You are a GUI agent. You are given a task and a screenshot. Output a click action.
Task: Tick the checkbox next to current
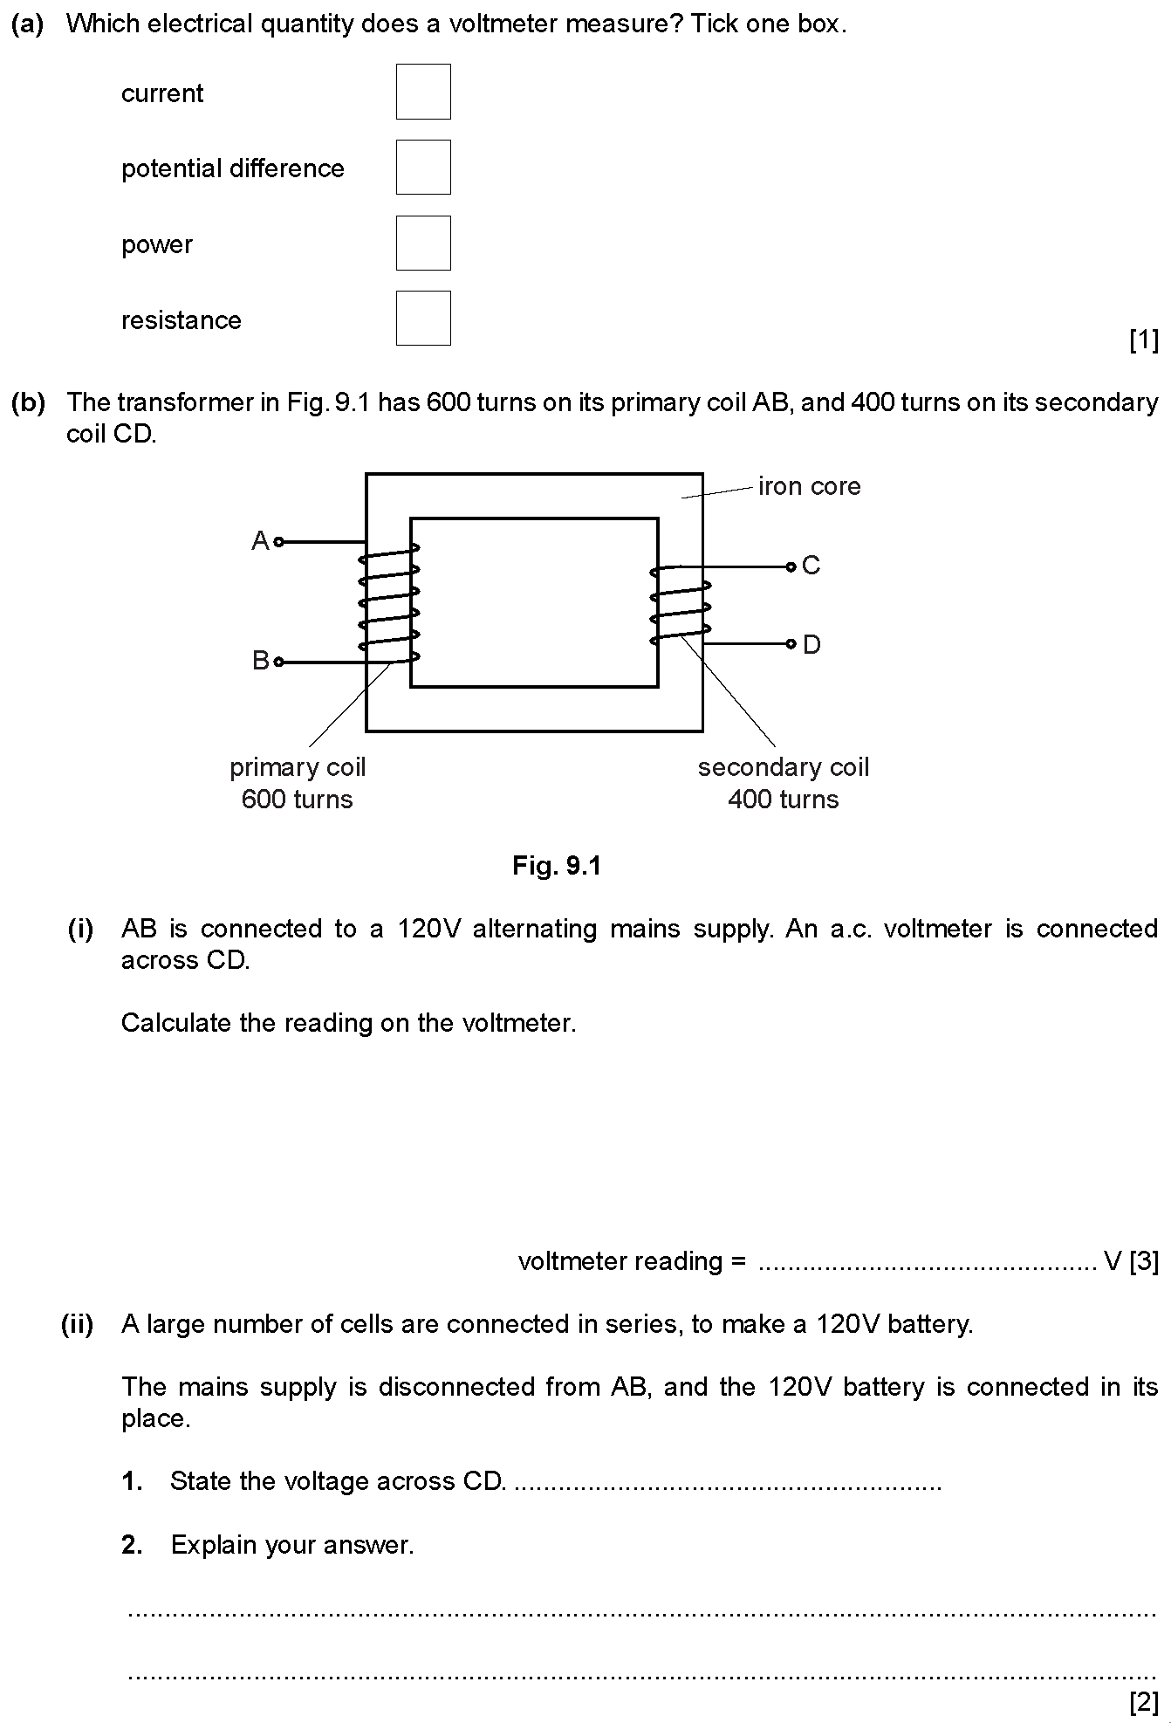tap(423, 92)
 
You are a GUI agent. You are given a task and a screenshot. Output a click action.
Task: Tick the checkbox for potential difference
tap(423, 167)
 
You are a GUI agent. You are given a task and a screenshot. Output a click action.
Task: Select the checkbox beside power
tap(423, 243)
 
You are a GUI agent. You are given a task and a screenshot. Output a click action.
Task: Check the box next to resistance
tap(423, 318)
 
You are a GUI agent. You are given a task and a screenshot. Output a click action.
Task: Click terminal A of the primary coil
tap(278, 542)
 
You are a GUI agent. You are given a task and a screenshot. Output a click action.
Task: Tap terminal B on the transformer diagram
tap(278, 662)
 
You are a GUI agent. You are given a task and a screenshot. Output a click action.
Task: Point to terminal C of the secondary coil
tap(791, 566)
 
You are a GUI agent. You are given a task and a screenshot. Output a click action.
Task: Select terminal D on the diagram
tap(791, 644)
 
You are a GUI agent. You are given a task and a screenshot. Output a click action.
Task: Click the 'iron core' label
tap(809, 486)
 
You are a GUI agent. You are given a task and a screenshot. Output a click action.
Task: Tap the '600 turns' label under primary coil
tap(297, 800)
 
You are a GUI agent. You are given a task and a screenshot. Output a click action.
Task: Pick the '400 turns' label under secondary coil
tap(783, 800)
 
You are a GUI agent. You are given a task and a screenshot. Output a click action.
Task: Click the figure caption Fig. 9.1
tap(557, 866)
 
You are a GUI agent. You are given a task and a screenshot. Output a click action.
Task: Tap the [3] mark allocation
tap(1143, 1261)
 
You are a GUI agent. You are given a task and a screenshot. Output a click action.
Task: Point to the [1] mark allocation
tap(1143, 340)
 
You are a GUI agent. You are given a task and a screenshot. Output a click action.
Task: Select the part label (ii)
tap(77, 1325)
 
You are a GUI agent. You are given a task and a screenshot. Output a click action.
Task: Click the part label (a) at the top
tap(28, 24)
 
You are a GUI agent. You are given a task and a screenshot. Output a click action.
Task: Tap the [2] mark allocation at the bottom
tap(1143, 1702)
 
